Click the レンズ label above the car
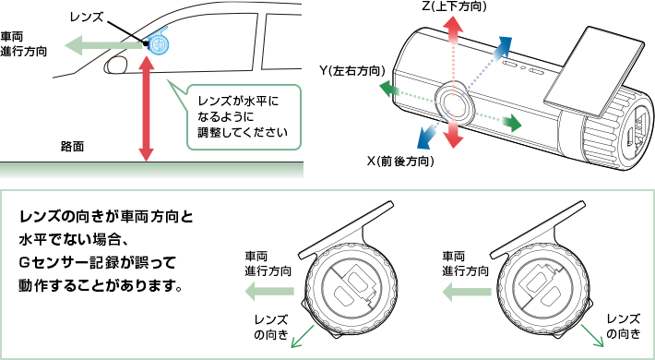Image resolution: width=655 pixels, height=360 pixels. point(88,18)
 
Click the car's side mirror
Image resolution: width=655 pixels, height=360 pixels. point(114,65)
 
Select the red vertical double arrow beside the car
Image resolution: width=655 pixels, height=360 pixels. point(146,107)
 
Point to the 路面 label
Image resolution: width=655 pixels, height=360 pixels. point(72,147)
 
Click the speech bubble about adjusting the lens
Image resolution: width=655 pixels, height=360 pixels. point(244,117)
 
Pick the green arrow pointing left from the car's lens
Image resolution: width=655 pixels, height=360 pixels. point(105,45)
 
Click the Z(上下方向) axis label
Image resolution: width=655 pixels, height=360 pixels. point(454,6)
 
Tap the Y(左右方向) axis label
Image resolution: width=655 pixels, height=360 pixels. point(351,71)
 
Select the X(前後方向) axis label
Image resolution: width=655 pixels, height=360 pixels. point(400,161)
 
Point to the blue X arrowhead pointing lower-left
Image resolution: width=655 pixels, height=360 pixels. point(426,138)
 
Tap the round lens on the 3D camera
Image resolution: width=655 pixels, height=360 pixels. point(453,102)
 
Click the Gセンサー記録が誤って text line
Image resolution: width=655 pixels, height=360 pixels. point(97,263)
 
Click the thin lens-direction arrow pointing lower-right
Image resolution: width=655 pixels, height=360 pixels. point(592,334)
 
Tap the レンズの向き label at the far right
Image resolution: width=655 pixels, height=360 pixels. point(624,327)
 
